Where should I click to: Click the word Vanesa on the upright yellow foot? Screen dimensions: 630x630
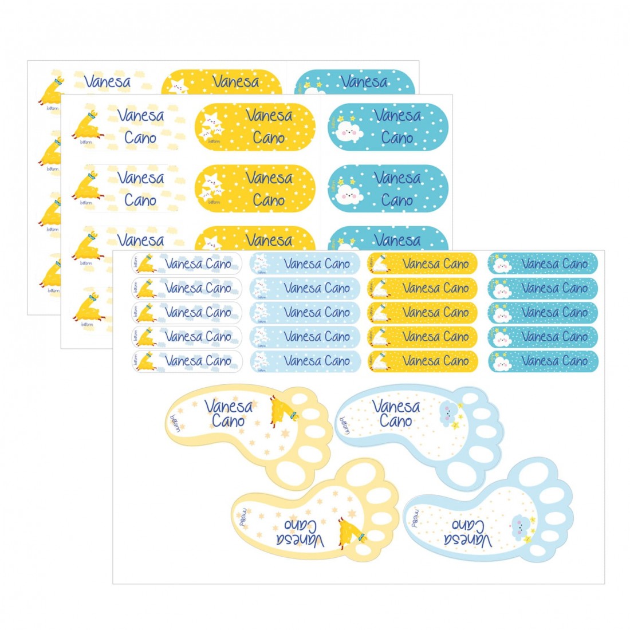(x=228, y=407)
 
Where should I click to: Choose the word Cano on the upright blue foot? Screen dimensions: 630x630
(x=396, y=421)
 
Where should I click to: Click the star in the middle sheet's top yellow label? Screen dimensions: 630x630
(x=211, y=126)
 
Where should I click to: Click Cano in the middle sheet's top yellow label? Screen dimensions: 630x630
(x=269, y=138)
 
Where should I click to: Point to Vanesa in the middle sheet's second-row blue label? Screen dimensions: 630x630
(x=397, y=178)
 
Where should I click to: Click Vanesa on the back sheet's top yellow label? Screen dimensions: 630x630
(x=235, y=82)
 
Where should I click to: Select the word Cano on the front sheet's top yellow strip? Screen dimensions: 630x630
(x=456, y=264)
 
